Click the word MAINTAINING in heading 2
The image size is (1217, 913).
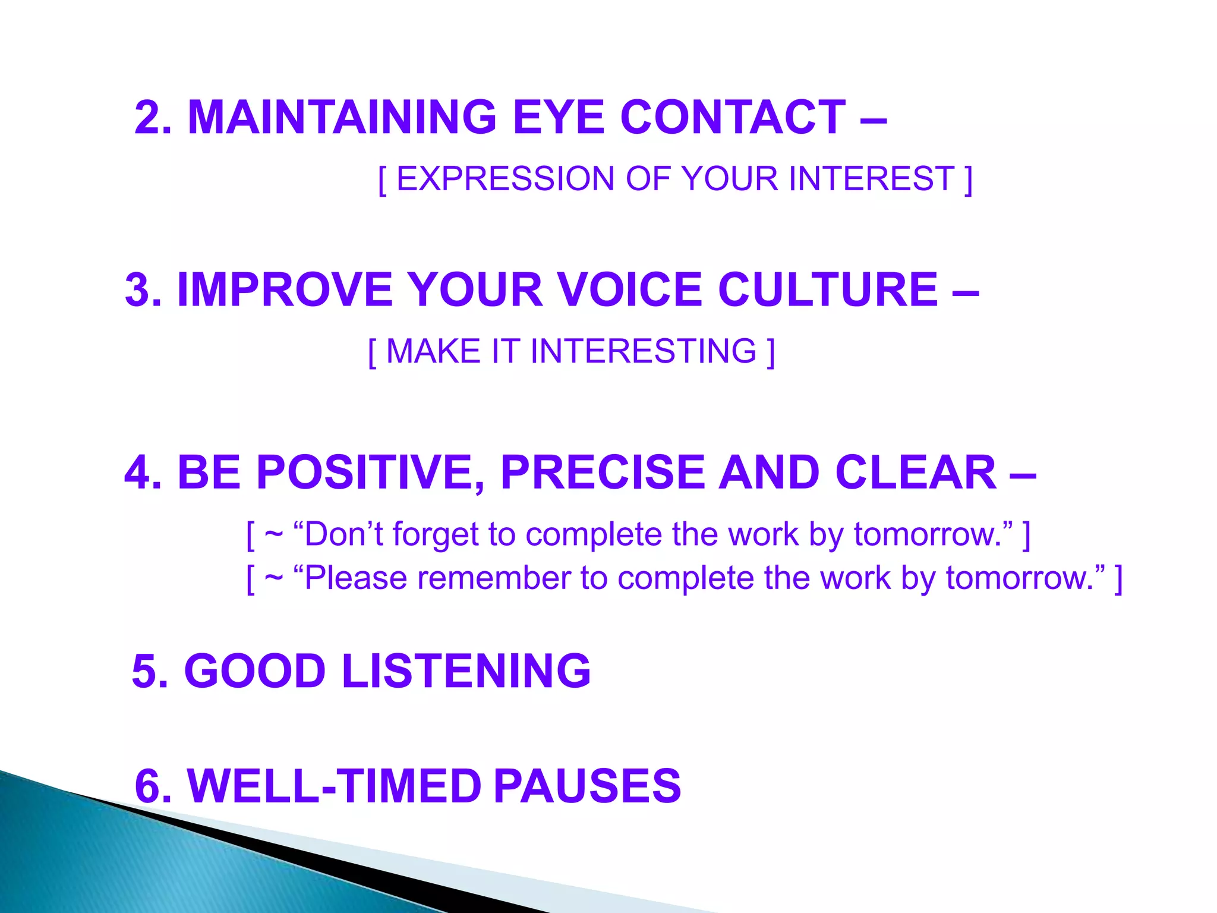click(342, 117)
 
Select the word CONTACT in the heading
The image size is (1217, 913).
click(733, 117)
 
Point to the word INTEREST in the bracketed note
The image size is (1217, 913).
click(872, 179)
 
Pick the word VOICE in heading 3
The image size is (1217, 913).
click(630, 290)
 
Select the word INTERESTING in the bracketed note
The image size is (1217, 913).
click(644, 351)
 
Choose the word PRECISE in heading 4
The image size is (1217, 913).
click(601, 473)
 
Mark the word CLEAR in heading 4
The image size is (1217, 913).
click(916, 473)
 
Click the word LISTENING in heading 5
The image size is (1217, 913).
click(466, 671)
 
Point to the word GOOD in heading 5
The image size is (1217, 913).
click(255, 671)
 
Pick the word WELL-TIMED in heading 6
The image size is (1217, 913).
click(334, 786)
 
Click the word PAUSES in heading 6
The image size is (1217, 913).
click(587, 786)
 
